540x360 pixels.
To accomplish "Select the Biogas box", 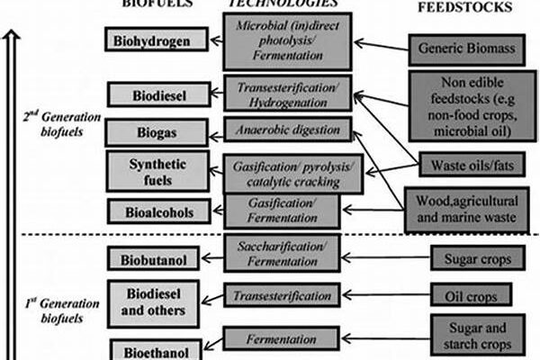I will tap(157, 133).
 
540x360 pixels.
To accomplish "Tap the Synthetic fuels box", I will tap(157, 172).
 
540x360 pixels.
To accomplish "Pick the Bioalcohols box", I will tap(157, 211).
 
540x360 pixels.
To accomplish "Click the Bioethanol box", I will tap(157, 347).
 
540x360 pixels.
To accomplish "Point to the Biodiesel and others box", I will tap(157, 303).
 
